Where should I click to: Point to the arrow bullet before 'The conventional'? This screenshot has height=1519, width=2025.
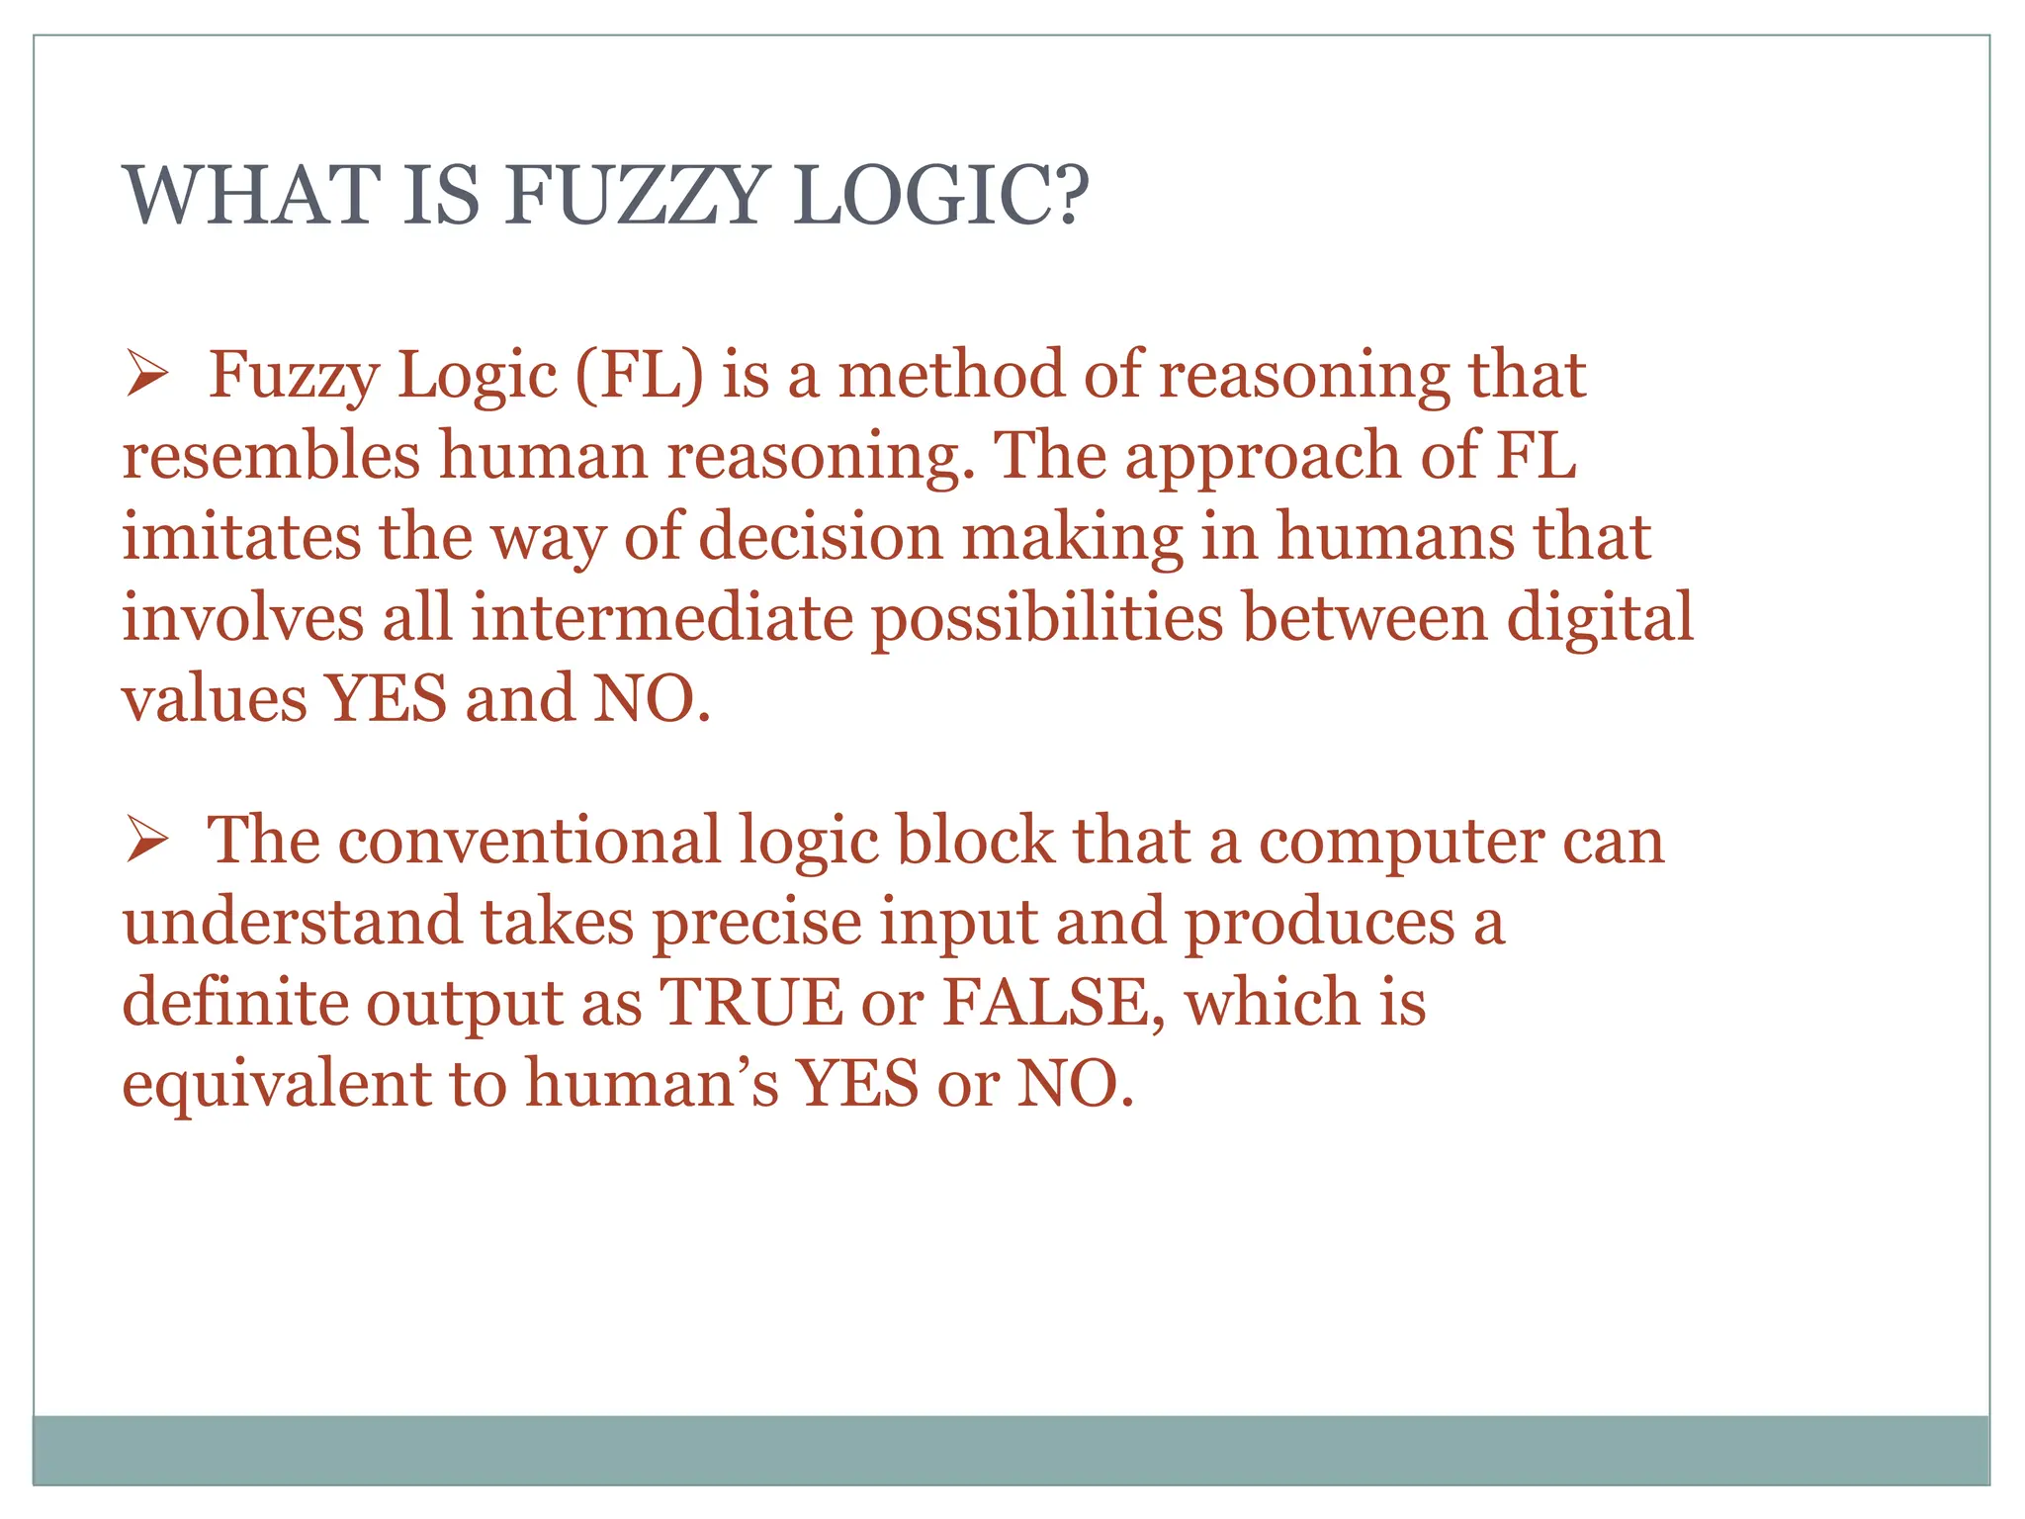[x=147, y=844]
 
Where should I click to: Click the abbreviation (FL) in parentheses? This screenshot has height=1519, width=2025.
[x=639, y=376]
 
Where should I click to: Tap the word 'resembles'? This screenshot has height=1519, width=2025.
[x=271, y=456]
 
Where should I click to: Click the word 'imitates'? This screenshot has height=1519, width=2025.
[x=241, y=537]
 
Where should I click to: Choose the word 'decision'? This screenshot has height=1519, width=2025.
[x=821, y=537]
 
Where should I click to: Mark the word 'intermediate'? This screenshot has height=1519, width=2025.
[x=661, y=618]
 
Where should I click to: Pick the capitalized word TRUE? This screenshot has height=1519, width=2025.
[x=750, y=1003]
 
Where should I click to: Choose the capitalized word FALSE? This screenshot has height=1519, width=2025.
[x=1047, y=1003]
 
